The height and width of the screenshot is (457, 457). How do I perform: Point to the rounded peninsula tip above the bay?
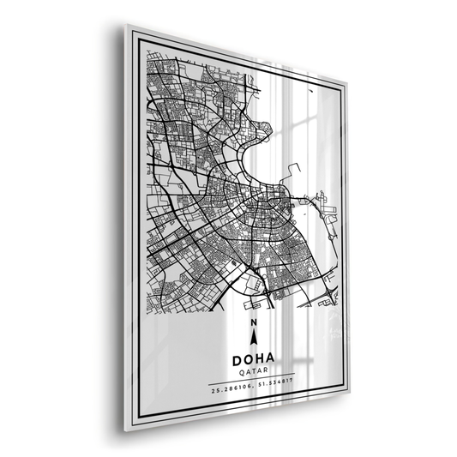click(x=266, y=133)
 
